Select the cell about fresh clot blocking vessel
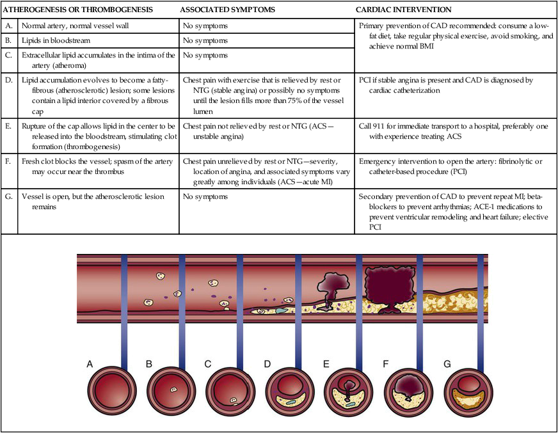point(97,166)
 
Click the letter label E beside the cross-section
point(326,364)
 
